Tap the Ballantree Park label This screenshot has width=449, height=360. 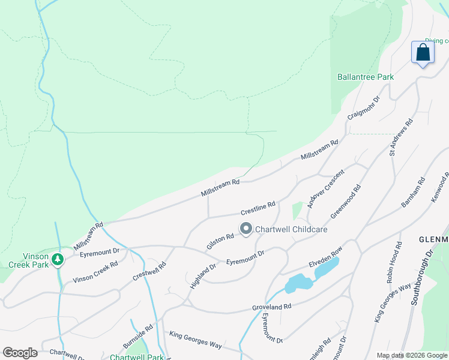click(x=365, y=77)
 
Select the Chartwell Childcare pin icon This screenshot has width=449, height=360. click(x=246, y=229)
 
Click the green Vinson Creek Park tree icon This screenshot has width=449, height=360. click(x=58, y=259)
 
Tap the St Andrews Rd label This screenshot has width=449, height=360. click(x=402, y=137)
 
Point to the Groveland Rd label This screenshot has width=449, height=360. click(x=271, y=307)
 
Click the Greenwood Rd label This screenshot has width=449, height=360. click(x=346, y=202)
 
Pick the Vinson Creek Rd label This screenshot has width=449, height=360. click(x=95, y=272)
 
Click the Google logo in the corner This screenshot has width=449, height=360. click(x=20, y=353)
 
